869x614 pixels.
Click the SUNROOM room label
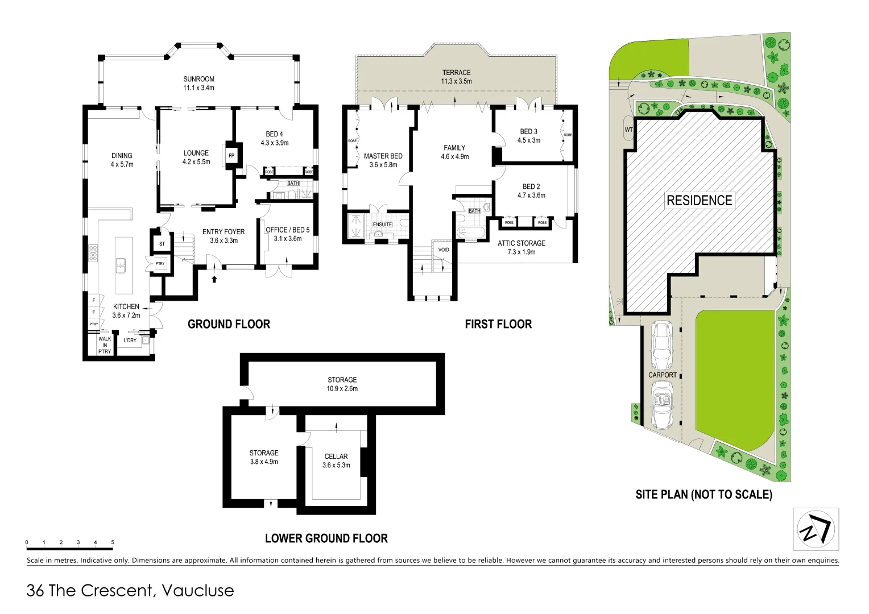(198, 84)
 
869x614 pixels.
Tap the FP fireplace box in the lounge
(231, 155)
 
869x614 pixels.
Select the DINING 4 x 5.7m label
(122, 160)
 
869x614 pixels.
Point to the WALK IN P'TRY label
(105, 345)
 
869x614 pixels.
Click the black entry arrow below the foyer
(214, 279)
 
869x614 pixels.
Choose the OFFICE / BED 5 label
(287, 234)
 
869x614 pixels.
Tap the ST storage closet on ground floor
(162, 244)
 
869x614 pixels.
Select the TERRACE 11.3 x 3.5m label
(456, 77)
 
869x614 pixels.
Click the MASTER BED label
(383, 160)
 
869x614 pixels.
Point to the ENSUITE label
(382, 225)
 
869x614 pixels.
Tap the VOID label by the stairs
(444, 250)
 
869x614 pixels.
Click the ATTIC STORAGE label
(521, 247)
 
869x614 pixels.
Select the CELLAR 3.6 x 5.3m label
(336, 460)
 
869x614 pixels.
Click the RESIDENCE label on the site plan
(699, 201)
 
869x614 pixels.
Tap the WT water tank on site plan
(628, 130)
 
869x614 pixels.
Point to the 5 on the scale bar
(113, 542)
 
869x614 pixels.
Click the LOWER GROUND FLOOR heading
(326, 538)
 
